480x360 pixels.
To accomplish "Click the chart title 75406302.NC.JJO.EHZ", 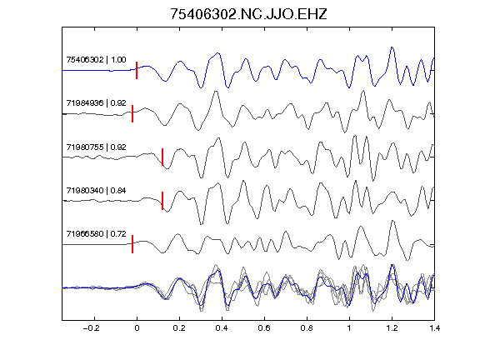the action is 248,14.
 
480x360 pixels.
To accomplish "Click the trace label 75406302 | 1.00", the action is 96,60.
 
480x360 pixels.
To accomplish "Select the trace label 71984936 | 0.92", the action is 96,103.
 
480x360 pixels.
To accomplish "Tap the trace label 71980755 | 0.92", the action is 96,147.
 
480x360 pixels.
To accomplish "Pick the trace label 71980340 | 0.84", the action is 96,191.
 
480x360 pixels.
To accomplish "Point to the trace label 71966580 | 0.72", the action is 96,234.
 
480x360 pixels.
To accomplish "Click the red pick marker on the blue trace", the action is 137,70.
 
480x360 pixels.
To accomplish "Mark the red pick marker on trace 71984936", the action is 132,113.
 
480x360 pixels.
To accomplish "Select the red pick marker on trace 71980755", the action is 162,157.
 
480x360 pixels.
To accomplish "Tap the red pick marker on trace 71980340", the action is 162,201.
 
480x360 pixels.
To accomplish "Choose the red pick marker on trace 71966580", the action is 132,244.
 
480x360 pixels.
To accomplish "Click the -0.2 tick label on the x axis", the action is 92,328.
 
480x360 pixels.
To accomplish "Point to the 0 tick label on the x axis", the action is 137,328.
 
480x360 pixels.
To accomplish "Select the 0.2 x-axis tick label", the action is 179,328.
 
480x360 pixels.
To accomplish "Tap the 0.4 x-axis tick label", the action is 222,328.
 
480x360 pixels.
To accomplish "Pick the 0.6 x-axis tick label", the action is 264,328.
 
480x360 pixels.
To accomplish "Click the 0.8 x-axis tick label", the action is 307,328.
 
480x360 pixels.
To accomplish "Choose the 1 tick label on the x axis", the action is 349,328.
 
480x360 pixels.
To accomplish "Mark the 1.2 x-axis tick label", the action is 392,328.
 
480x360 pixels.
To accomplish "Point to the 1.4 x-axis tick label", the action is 434,328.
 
